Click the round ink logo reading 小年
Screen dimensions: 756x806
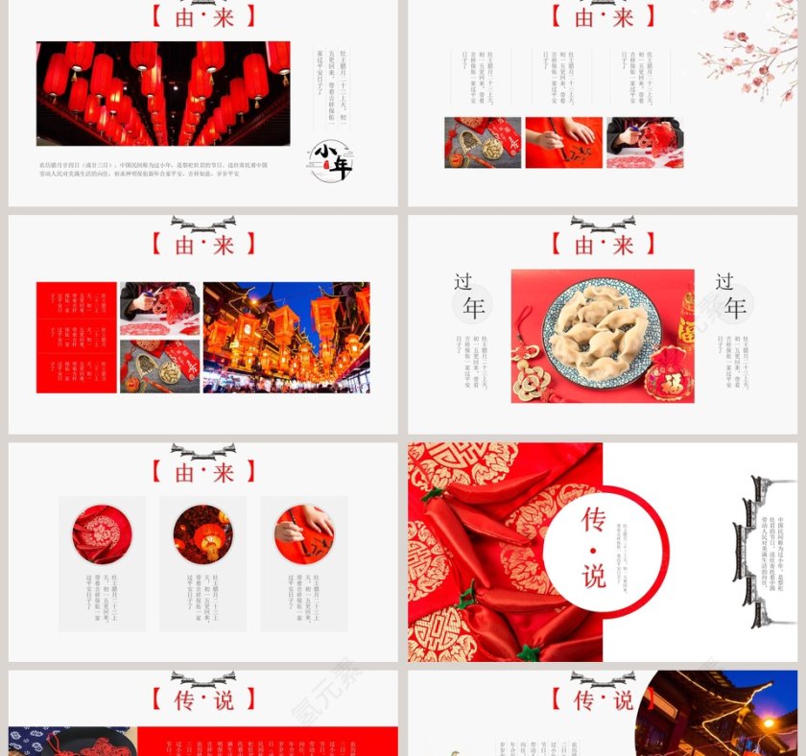point(331,161)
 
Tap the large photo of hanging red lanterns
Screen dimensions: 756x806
point(163,93)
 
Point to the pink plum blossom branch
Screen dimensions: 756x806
point(748,48)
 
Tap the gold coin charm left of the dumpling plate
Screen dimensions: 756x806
point(529,379)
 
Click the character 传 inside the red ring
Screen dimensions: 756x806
point(594,519)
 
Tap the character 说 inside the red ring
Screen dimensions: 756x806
point(594,576)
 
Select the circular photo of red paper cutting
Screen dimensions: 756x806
point(102,534)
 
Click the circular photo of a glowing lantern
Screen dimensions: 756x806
point(202,534)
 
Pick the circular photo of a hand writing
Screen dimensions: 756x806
point(303,534)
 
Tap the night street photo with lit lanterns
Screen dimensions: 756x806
point(286,337)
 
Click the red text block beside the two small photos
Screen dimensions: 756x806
point(76,337)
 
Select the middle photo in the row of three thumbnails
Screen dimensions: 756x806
point(564,143)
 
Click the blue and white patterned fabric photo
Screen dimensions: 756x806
point(72,741)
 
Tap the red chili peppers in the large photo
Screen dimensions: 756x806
point(480,537)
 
